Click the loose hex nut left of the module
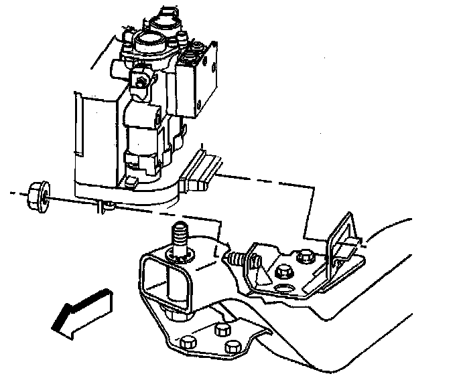[36, 196]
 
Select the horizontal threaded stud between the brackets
[235, 258]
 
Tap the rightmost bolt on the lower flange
[233, 347]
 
